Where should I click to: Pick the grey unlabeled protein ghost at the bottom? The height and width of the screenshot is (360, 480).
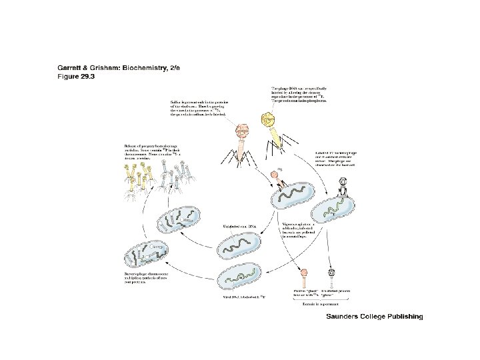pyautogui.click(x=333, y=273)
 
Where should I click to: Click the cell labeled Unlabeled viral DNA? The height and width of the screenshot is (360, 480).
pyautogui.click(x=241, y=246)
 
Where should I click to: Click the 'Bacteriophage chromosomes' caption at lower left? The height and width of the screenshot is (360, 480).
pyautogui.click(x=151, y=278)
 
